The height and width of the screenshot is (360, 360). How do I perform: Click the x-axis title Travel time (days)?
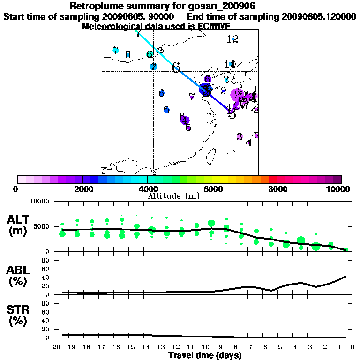205,355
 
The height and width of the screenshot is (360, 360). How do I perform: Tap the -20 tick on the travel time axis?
55,347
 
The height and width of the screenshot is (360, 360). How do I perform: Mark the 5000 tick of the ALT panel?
42,226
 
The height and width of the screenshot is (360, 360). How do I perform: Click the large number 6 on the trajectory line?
176,67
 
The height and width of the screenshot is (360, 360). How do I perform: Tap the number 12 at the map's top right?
232,39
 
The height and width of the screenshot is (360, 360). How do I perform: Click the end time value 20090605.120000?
318,16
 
